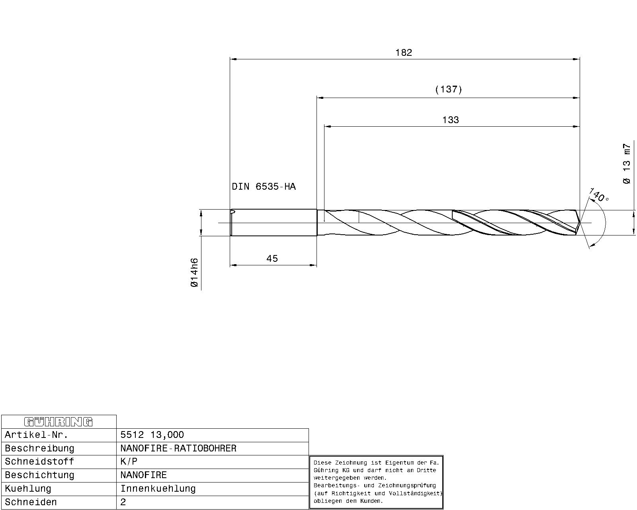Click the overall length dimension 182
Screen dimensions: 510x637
point(403,53)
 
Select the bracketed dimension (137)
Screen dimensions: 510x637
point(448,89)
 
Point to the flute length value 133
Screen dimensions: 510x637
point(450,120)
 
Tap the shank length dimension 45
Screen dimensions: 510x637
point(272,259)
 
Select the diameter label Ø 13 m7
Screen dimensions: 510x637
point(626,164)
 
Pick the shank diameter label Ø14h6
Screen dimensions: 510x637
point(194,273)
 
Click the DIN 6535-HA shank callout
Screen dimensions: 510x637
point(264,187)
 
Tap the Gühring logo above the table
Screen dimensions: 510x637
point(59,422)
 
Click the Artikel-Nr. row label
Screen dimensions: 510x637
point(37,435)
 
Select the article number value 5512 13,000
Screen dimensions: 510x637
point(152,435)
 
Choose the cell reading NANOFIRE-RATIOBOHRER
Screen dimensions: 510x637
point(178,448)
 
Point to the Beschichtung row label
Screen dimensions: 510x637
point(39,475)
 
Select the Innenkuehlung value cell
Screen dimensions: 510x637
point(158,488)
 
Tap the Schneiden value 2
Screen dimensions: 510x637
point(123,502)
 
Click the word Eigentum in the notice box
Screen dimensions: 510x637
point(398,463)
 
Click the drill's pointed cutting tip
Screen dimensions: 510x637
point(578,223)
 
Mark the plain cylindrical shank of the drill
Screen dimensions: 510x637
point(274,222)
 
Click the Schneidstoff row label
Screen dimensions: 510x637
point(39,461)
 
